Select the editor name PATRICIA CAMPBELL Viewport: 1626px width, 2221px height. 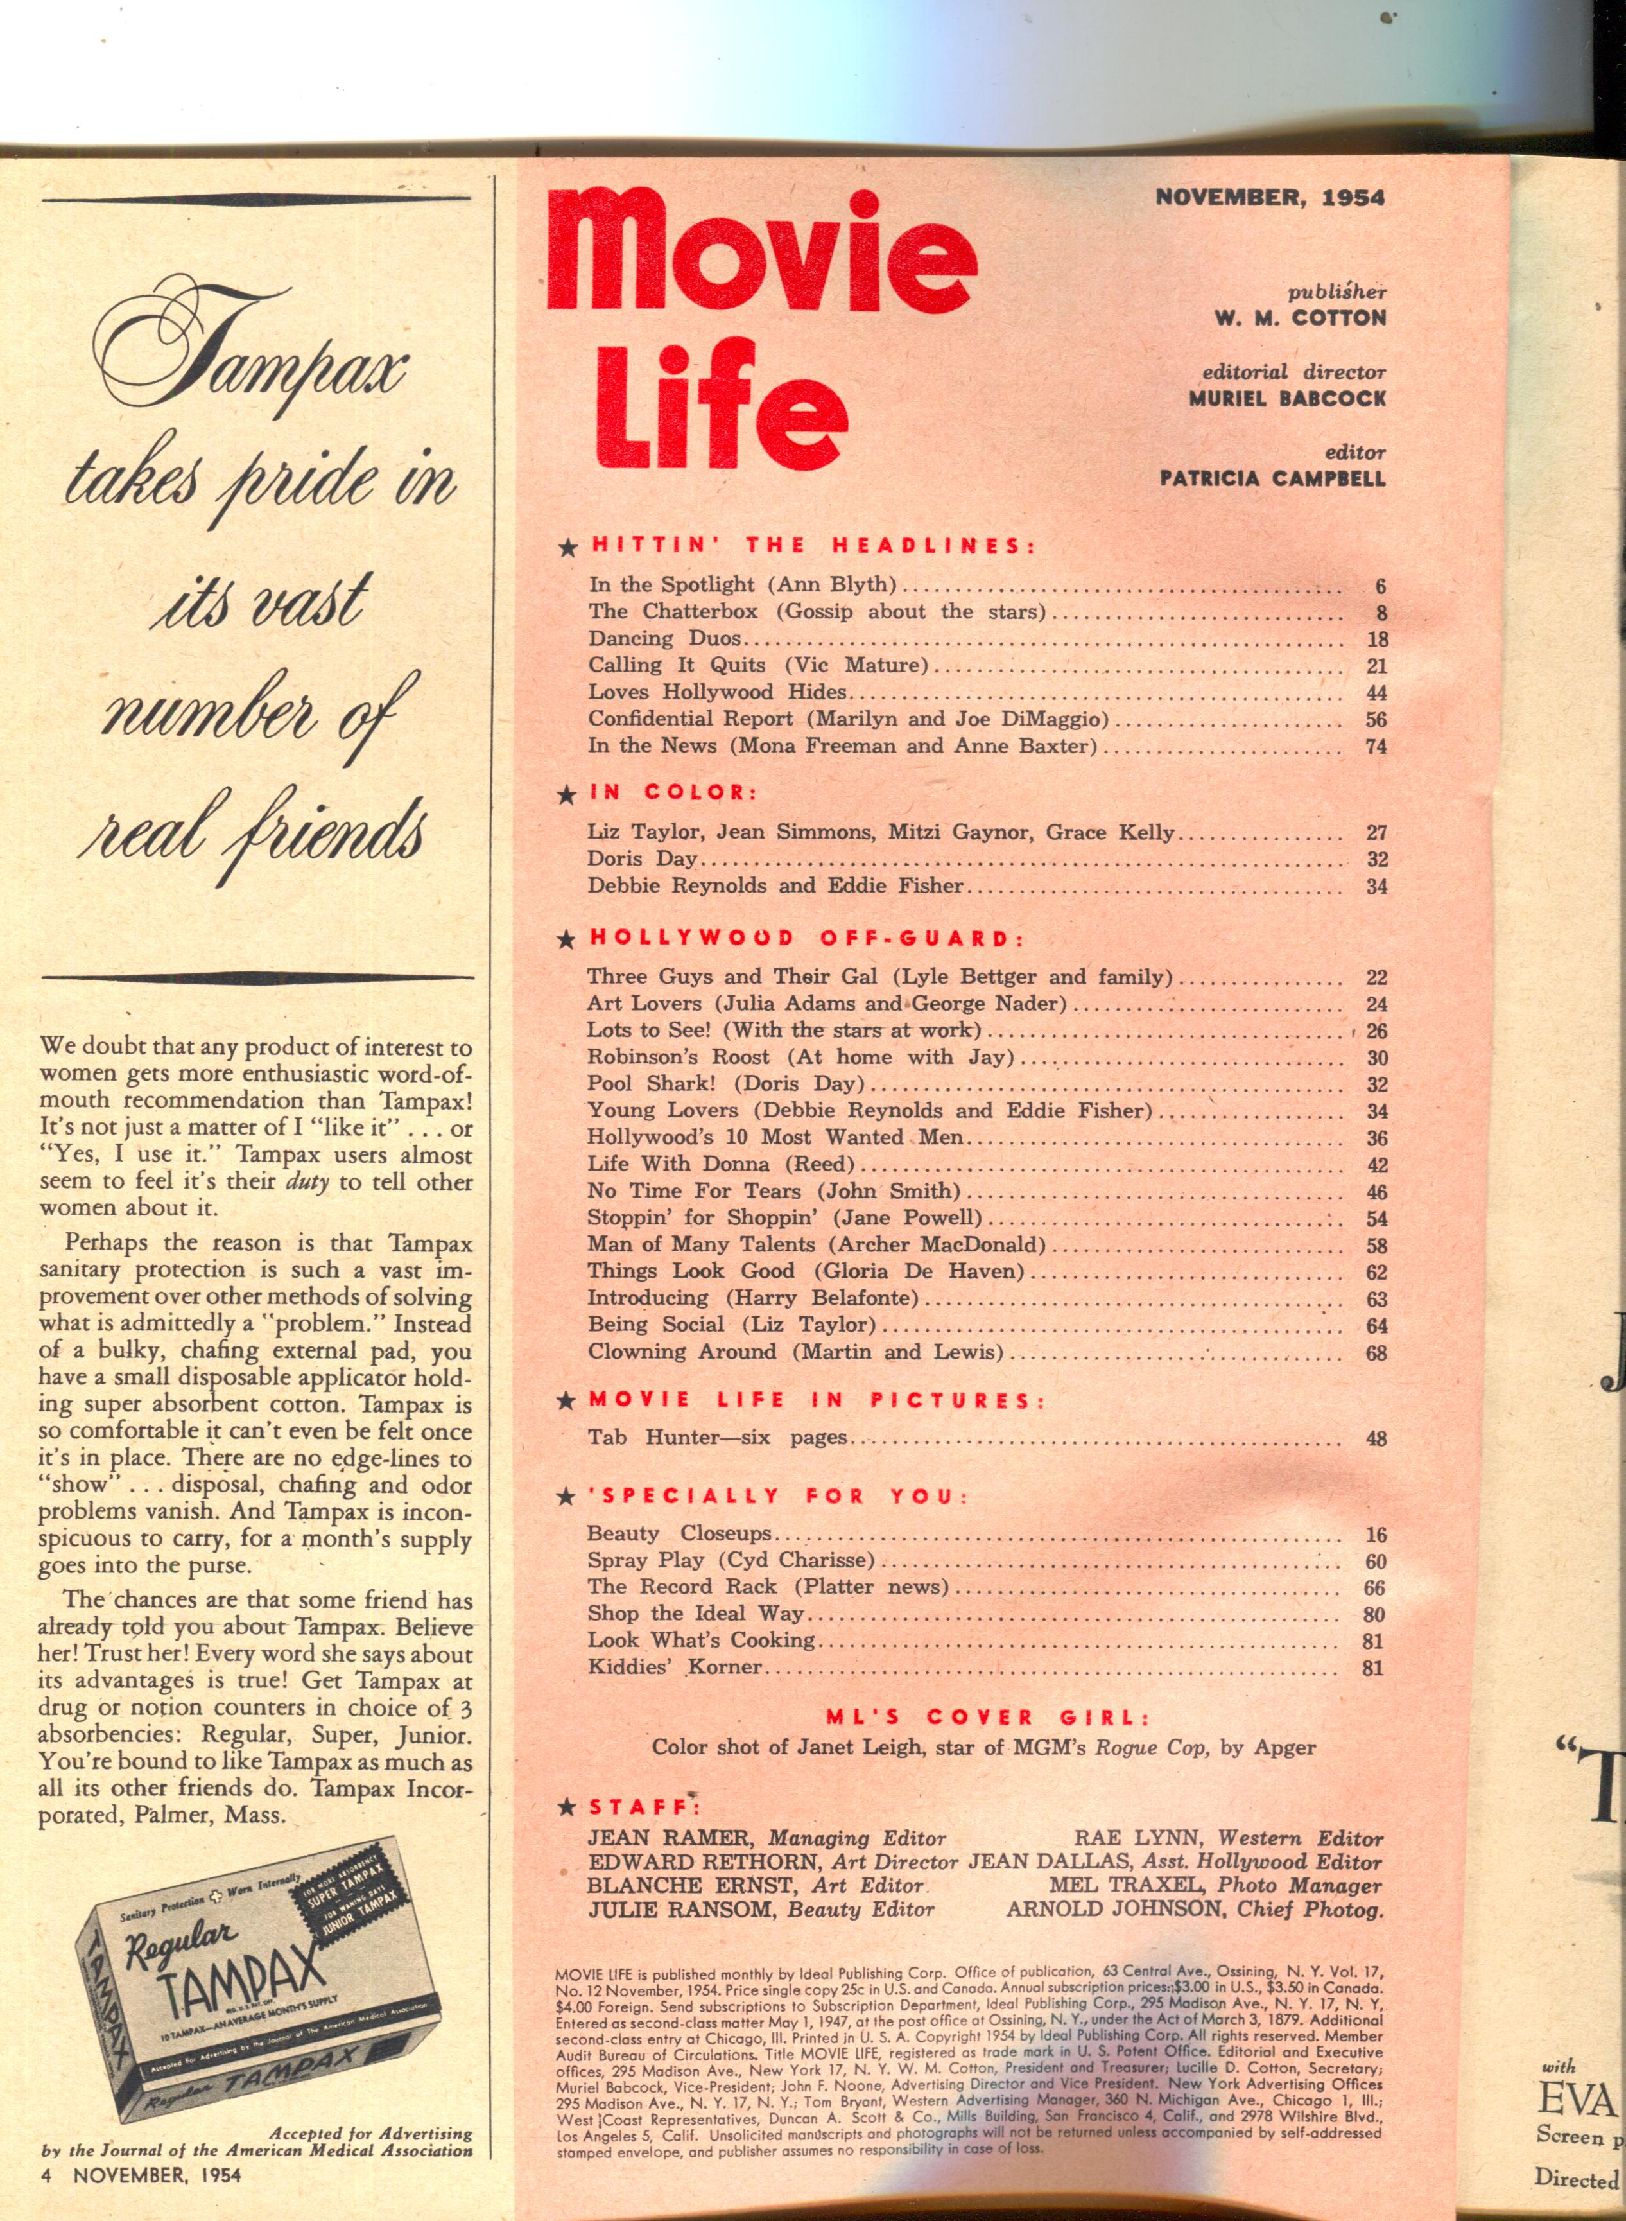pyautogui.click(x=1273, y=480)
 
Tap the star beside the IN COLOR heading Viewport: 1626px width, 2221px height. pyautogui.click(x=566, y=794)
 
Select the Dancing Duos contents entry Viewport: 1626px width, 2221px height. pyautogui.click(x=664, y=639)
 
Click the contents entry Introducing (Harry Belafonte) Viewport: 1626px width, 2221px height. pyautogui.click(x=753, y=1298)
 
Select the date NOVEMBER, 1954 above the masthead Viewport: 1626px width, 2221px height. pyautogui.click(x=1270, y=197)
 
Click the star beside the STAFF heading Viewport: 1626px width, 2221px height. pyautogui.click(x=566, y=1807)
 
